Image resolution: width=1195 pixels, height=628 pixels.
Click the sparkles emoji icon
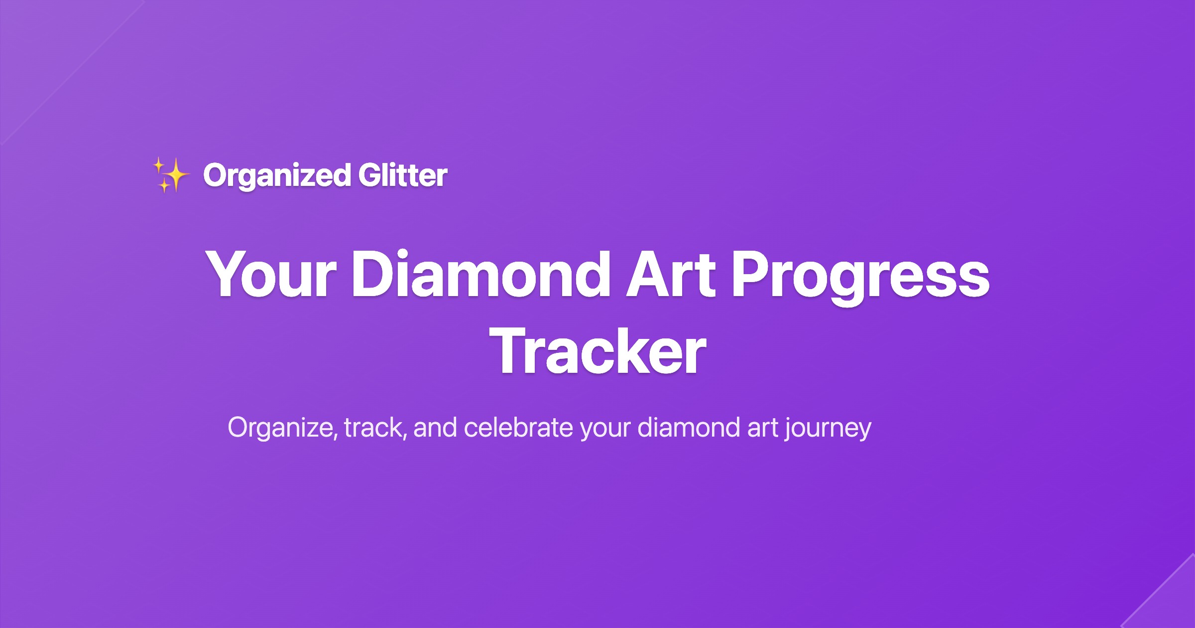171,175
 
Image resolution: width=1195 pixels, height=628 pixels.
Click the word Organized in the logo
277,175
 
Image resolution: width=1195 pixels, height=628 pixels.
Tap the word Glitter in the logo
402,175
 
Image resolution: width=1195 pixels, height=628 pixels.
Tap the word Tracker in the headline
597,352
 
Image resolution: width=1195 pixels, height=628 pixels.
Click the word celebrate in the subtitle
518,428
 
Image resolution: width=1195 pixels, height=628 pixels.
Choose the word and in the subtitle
435,428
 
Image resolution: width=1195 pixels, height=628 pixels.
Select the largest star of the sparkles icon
175,174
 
